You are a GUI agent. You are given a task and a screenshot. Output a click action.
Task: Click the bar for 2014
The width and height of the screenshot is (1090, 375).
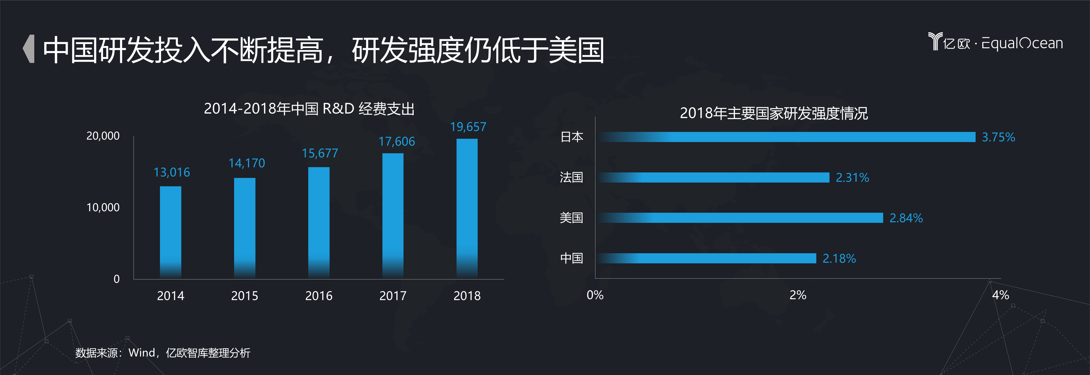tap(171, 232)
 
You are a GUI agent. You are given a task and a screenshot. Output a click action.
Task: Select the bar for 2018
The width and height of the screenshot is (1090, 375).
tap(467, 208)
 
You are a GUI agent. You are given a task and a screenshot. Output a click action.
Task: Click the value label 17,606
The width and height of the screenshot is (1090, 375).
tap(396, 141)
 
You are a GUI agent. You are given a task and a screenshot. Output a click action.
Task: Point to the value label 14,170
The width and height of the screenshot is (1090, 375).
tap(247, 163)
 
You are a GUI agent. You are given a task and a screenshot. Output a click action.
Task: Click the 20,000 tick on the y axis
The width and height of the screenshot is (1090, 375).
tap(103, 136)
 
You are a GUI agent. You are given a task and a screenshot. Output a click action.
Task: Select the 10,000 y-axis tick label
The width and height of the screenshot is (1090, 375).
tap(103, 207)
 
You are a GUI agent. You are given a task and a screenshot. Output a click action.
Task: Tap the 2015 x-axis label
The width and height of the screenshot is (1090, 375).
tap(245, 296)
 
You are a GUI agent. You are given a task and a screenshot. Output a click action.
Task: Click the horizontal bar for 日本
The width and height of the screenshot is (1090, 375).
tap(787, 137)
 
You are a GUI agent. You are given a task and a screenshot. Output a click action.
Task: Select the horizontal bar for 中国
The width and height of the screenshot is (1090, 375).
tap(707, 258)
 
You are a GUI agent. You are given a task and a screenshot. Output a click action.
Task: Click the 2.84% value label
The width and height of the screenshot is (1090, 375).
tap(906, 218)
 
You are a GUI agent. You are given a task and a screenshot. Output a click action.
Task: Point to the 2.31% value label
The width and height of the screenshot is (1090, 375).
tap(852, 177)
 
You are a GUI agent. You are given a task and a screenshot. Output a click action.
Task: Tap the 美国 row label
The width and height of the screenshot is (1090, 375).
tap(571, 218)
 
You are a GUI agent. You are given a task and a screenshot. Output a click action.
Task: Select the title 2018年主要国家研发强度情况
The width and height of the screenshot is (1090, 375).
tap(773, 113)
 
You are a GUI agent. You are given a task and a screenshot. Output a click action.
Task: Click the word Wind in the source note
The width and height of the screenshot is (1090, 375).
tap(142, 353)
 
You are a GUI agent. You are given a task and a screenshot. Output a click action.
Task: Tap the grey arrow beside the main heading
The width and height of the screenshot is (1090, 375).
tap(29, 49)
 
